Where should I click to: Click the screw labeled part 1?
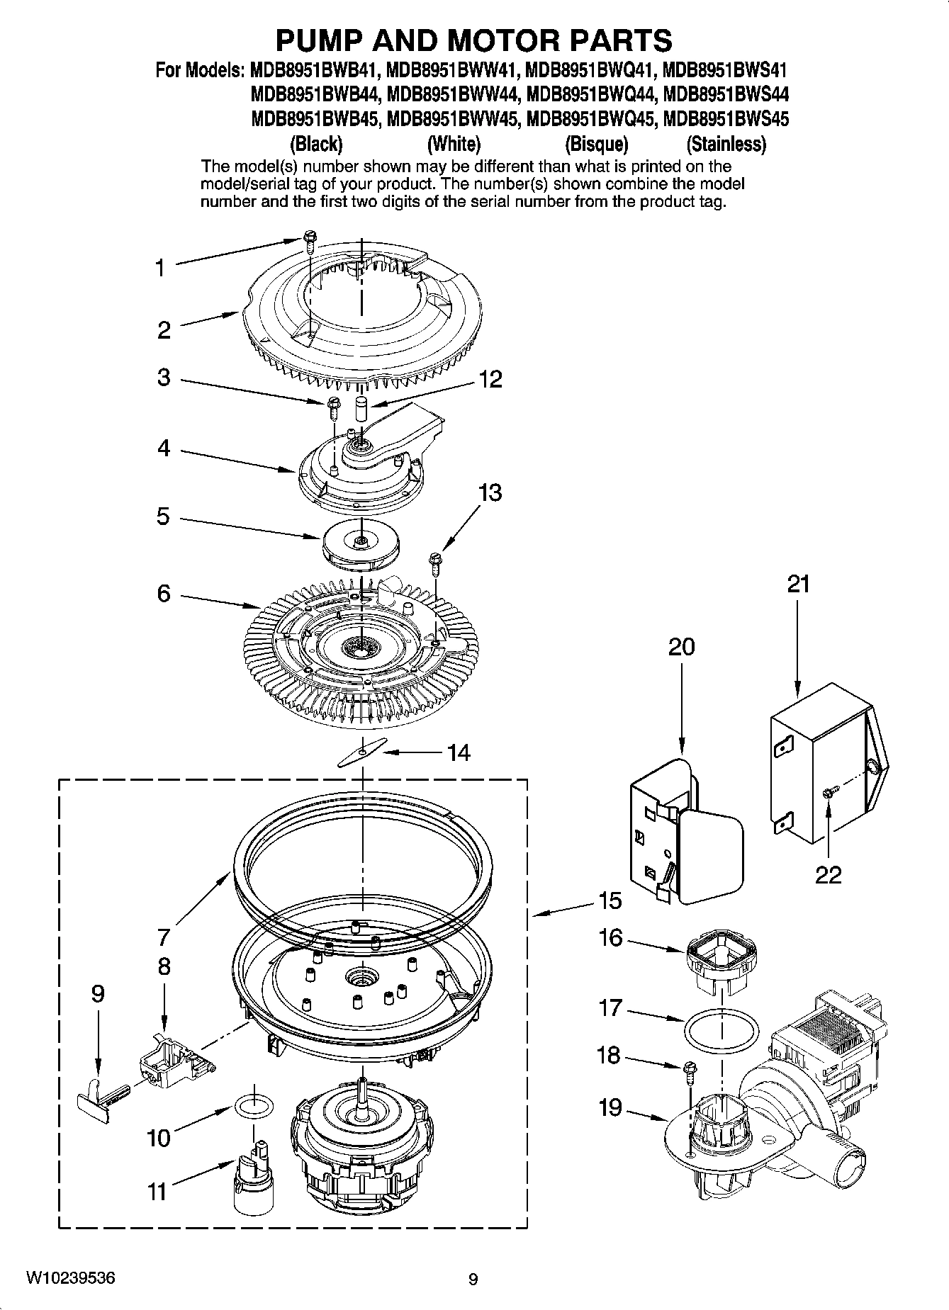pyautogui.click(x=309, y=240)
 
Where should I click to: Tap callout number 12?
pyautogui.click(x=490, y=379)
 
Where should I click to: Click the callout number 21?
pyautogui.click(x=798, y=585)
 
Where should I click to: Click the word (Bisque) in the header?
pyautogui.click(x=596, y=145)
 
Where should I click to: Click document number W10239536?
pyautogui.click(x=71, y=1278)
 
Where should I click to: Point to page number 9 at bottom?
pyautogui.click(x=473, y=1279)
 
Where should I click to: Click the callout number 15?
pyautogui.click(x=610, y=901)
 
